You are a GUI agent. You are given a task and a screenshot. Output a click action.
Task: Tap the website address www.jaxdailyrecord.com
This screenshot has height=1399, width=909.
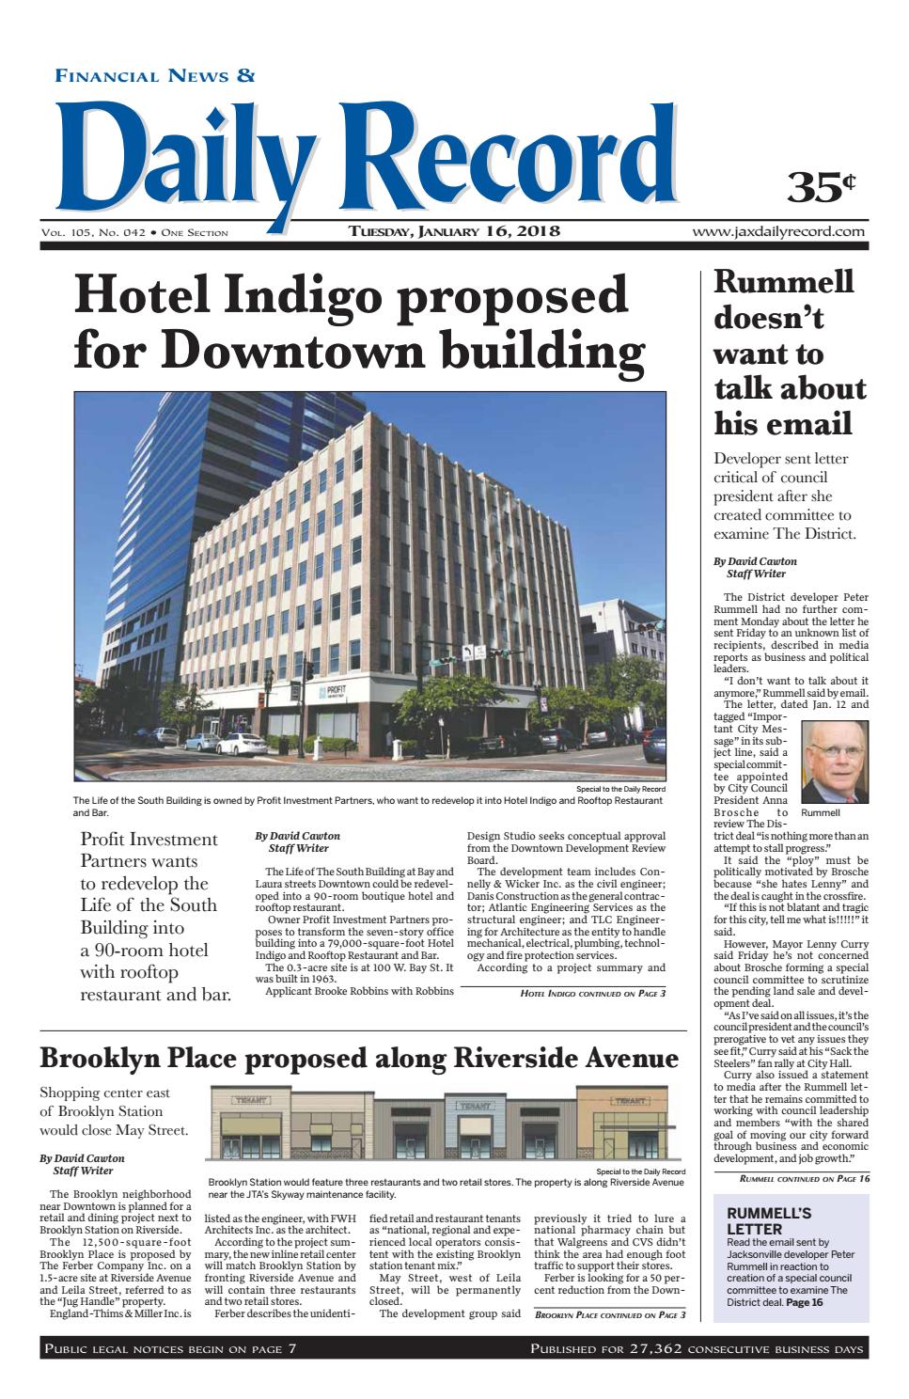(x=778, y=231)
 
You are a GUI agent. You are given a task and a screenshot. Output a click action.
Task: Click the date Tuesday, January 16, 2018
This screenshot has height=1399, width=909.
(x=455, y=231)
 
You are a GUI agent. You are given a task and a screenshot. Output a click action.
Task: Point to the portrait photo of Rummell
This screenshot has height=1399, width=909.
(x=835, y=762)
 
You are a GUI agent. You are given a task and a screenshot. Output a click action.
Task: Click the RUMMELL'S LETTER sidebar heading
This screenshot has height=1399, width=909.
(x=769, y=1220)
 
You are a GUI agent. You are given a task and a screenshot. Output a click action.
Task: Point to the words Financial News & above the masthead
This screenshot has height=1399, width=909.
(x=156, y=77)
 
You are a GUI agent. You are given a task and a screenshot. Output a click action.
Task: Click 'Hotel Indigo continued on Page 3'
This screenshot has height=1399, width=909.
(x=593, y=993)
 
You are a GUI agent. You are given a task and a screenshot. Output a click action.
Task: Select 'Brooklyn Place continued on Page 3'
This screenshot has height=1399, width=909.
(x=610, y=1314)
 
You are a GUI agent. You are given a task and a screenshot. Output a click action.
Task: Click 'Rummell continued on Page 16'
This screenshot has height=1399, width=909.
(x=805, y=1179)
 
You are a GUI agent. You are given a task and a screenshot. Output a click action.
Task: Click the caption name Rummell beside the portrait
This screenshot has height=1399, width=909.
(x=821, y=811)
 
